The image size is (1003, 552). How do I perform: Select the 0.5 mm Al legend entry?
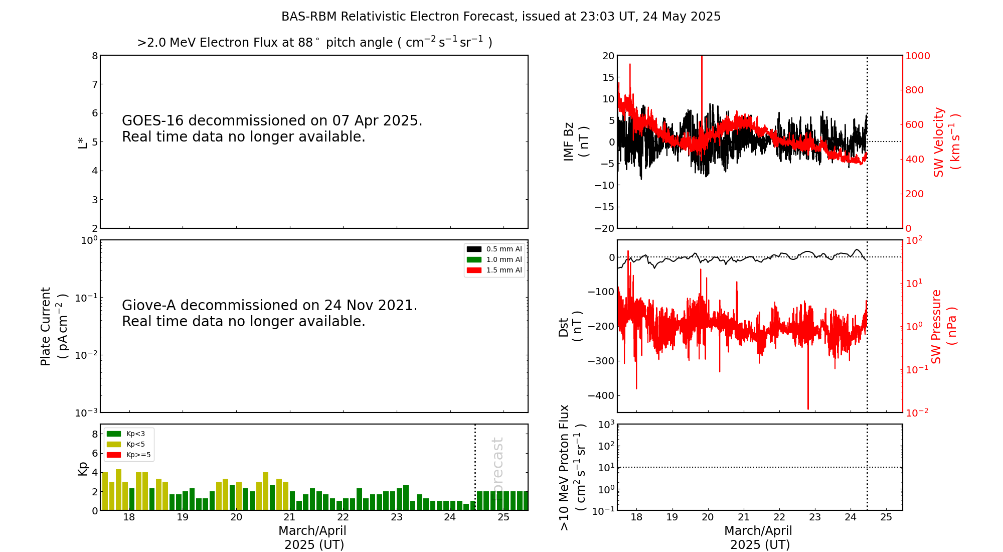click(494, 249)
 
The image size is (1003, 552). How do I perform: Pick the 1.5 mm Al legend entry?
click(494, 270)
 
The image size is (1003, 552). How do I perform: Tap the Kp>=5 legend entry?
click(129, 455)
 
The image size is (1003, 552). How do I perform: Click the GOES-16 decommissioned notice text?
click(272, 128)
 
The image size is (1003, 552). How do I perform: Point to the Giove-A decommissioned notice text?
click(270, 313)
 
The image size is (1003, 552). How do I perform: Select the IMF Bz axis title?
click(576, 142)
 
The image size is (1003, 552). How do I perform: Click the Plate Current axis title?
click(53, 326)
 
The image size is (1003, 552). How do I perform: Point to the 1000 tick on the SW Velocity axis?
click(918, 56)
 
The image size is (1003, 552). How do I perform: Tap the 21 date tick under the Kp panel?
click(289, 517)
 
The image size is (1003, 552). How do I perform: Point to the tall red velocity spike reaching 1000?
click(702, 100)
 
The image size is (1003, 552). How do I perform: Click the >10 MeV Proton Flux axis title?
click(572, 468)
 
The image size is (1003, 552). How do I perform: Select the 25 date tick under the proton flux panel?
click(886, 517)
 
